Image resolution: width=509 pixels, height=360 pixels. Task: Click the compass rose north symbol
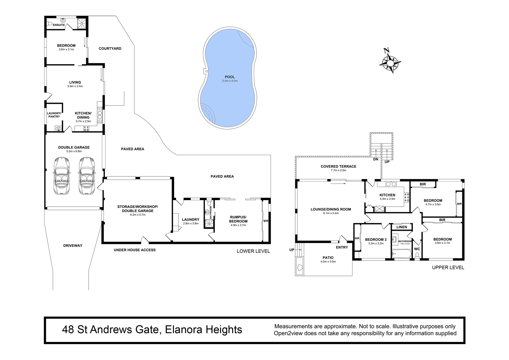click(x=390, y=61)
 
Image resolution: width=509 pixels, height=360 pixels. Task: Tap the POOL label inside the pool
click(x=230, y=77)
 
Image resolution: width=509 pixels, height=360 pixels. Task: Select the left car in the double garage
click(x=62, y=176)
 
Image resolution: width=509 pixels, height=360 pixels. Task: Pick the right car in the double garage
click(x=87, y=176)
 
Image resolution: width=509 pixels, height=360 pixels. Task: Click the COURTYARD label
click(x=110, y=49)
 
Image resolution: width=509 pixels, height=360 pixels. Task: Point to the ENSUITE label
click(x=59, y=25)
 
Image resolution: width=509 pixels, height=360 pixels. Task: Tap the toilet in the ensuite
click(x=50, y=23)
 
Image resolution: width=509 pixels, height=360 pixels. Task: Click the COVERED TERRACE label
click(x=338, y=166)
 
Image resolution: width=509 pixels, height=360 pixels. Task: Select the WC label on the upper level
click(x=417, y=249)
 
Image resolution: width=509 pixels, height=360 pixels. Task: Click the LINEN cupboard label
click(x=402, y=227)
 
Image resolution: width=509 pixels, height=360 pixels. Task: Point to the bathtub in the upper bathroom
click(x=402, y=254)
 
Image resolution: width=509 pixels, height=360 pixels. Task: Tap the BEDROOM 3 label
click(x=376, y=239)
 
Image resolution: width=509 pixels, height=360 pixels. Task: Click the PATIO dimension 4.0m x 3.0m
click(x=328, y=262)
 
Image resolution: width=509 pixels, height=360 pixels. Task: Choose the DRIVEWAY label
click(x=73, y=245)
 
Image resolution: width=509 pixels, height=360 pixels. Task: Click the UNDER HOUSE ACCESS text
click(x=135, y=250)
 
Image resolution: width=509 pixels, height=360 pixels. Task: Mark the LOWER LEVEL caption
click(x=253, y=251)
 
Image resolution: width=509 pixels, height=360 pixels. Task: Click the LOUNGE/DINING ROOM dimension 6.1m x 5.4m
click(x=331, y=213)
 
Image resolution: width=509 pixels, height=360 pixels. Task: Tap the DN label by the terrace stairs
click(x=376, y=159)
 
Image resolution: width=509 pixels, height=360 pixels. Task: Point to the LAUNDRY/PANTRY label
click(x=54, y=115)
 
